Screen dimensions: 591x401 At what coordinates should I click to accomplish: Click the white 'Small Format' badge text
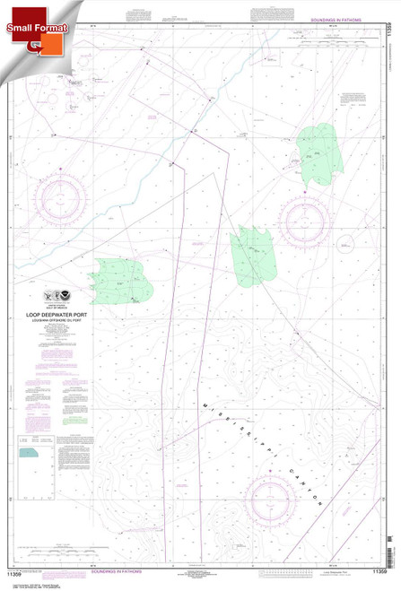[x=30, y=28]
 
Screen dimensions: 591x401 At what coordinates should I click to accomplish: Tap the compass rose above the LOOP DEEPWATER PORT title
[x=62, y=200]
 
